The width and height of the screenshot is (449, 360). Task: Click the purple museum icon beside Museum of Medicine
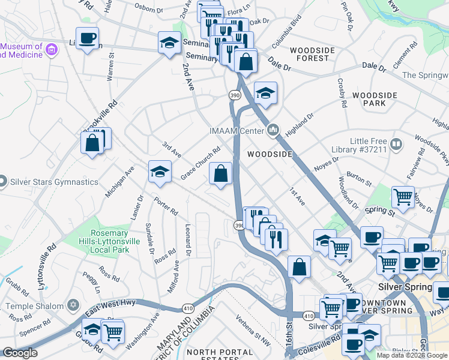[51, 49]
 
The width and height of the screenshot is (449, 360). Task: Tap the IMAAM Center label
[237, 130]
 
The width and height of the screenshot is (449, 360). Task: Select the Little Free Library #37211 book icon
[396, 144]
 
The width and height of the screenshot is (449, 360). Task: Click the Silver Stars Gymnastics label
[53, 182]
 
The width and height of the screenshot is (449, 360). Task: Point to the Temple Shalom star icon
[73, 305]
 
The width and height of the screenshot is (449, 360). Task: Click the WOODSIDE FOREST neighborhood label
[309, 54]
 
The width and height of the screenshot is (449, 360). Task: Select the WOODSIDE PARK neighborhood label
[375, 100]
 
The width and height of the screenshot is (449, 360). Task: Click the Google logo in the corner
[20, 353]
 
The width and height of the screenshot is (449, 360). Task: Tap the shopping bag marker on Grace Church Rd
[221, 174]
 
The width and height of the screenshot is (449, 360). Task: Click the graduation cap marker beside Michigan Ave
[160, 172]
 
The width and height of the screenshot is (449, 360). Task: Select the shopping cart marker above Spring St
[403, 196]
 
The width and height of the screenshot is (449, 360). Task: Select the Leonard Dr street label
[188, 236]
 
